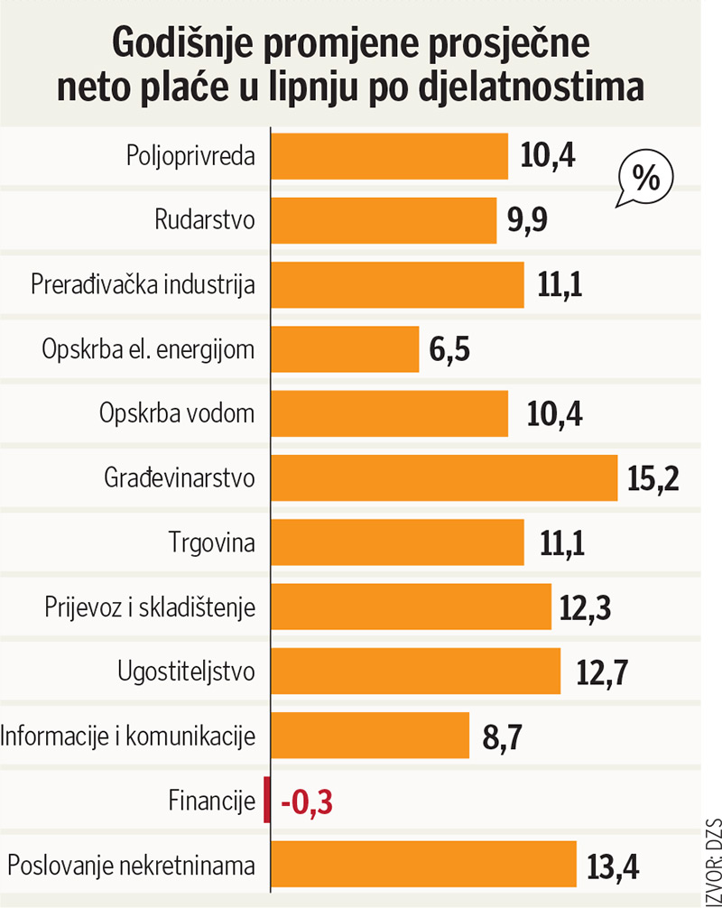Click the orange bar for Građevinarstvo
pos(444,477)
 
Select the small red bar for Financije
pos(266,800)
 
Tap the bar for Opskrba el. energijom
pos(345,349)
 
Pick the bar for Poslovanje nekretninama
pos(423,864)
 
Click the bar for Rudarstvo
pos(384,220)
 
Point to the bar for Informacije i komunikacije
pos(370,736)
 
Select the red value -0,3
pos(308,801)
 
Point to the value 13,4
pos(613,865)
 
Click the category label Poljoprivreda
pos(190,156)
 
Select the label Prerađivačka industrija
pos(143,285)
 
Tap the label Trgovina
pos(211,543)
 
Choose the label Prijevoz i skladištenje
pos(150,607)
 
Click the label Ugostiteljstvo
pos(187,672)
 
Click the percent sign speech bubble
pos(643,178)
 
